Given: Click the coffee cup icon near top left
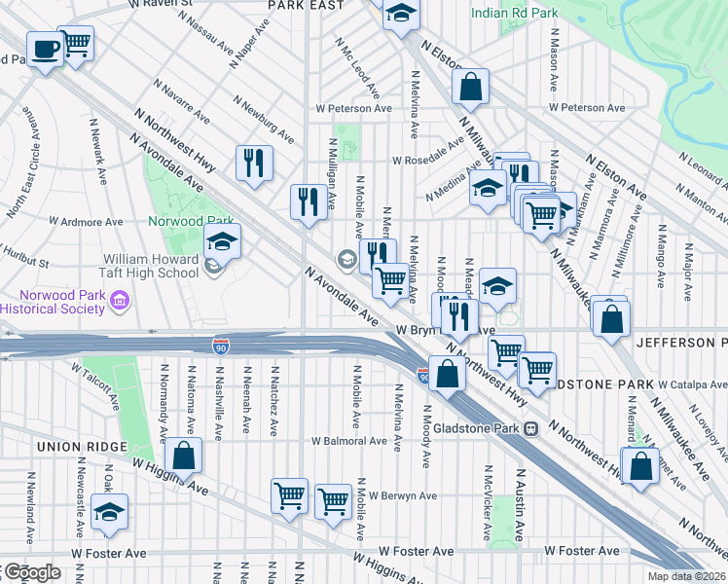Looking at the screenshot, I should [44, 49].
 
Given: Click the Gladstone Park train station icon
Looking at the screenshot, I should [531, 429].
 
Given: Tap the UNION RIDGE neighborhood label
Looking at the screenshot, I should [82, 447].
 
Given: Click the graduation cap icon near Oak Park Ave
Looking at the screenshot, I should [109, 512].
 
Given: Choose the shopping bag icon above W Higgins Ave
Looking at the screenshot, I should [182, 455].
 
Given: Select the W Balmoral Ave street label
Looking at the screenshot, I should [349, 441].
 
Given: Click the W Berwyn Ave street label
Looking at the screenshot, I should [402, 495].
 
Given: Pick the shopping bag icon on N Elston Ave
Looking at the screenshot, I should [470, 86].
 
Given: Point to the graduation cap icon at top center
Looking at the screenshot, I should [399, 15].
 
